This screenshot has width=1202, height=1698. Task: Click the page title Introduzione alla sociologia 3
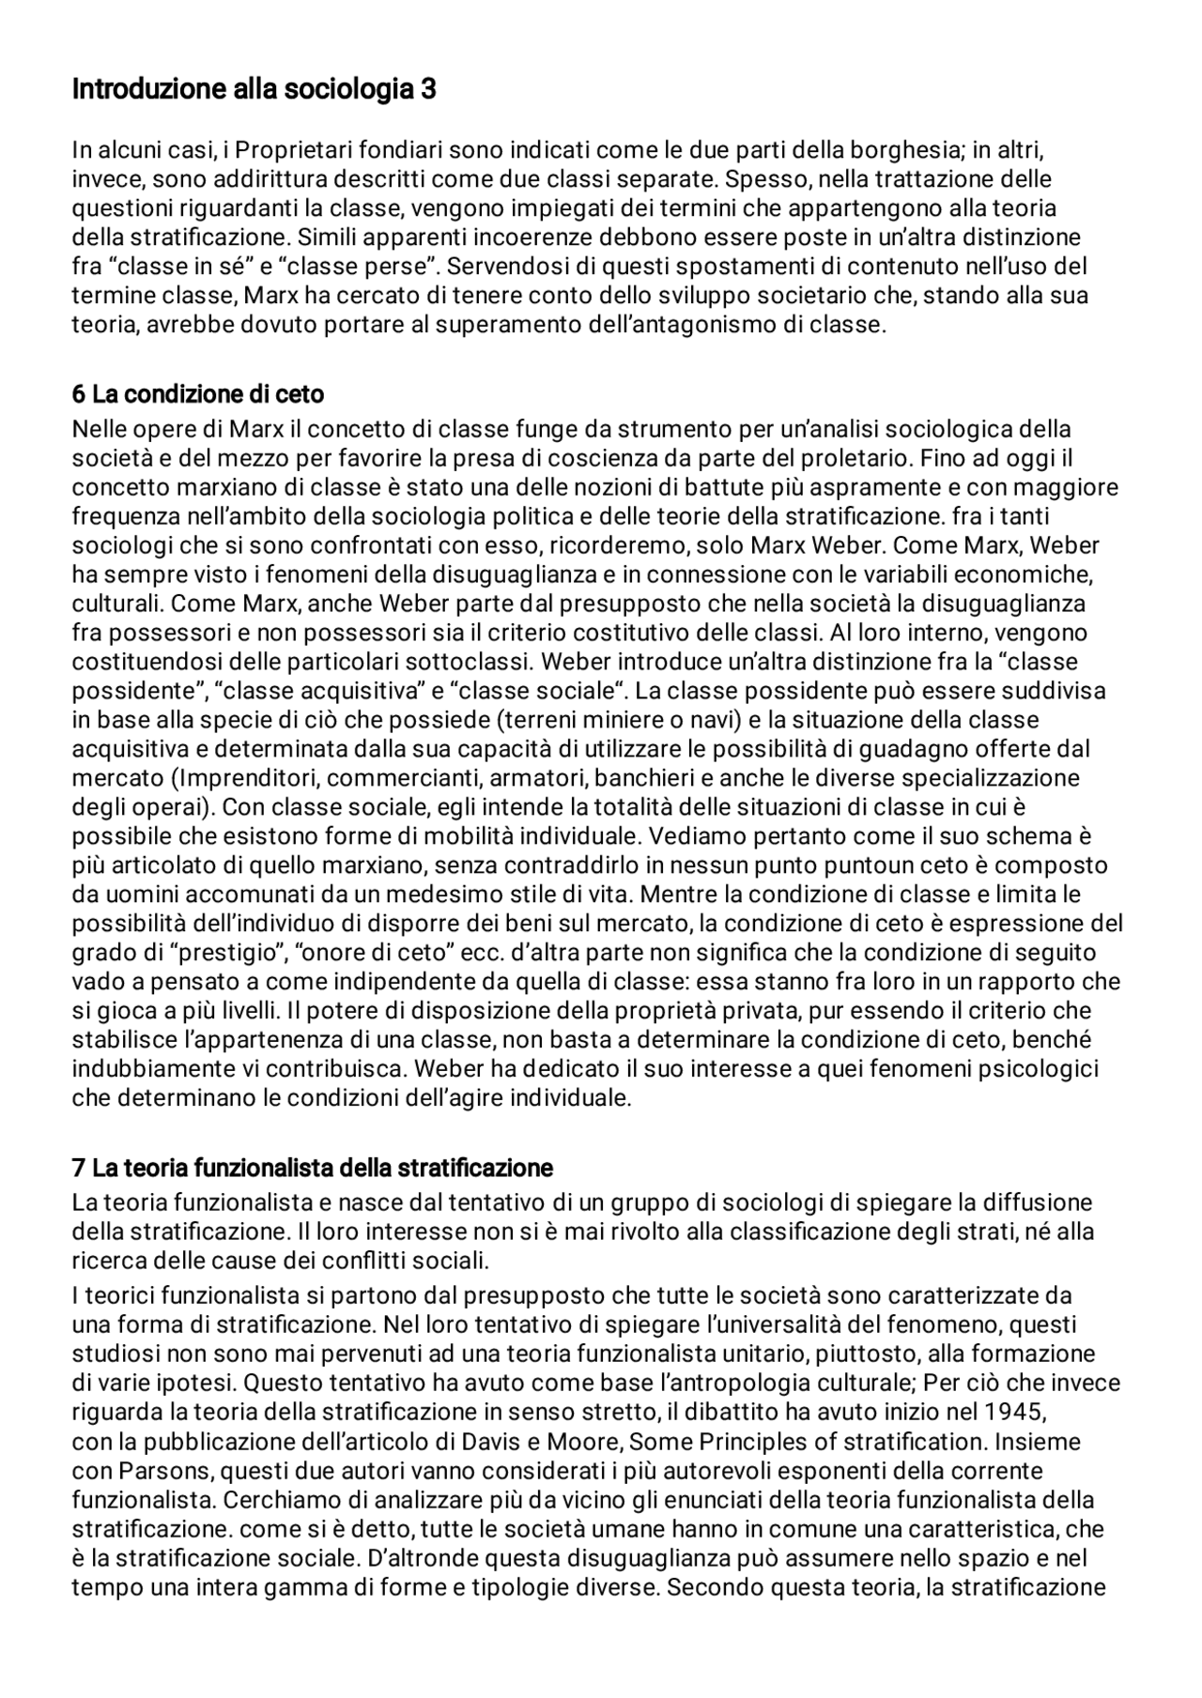[254, 90]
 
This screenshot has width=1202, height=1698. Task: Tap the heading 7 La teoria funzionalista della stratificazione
[312, 1168]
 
